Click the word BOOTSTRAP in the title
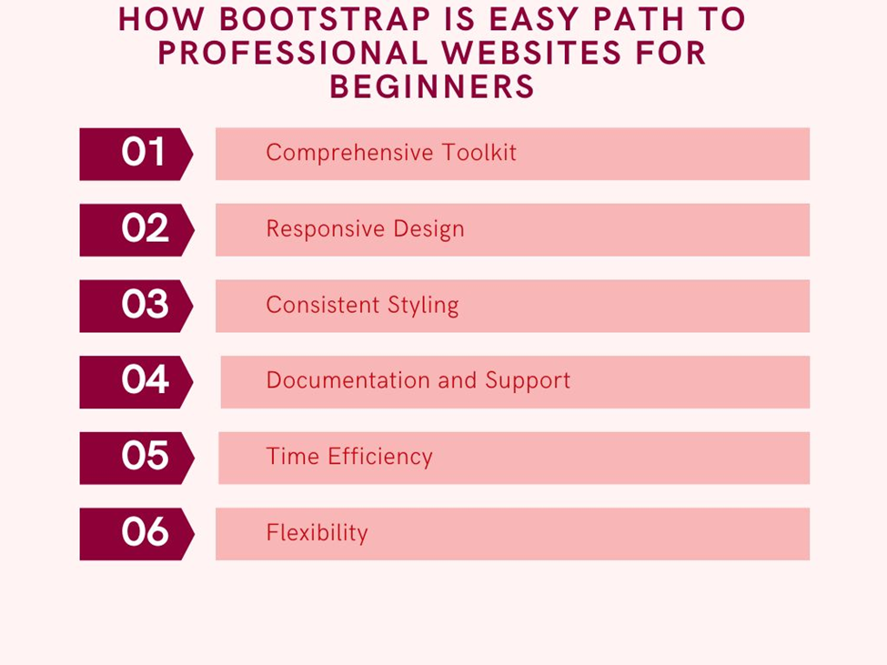pyautogui.click(x=325, y=19)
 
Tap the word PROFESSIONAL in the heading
pyautogui.click(x=293, y=53)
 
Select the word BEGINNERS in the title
pyautogui.click(x=432, y=87)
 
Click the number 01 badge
pyautogui.click(x=136, y=154)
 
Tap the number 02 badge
pyautogui.click(x=136, y=229)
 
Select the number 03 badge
pyautogui.click(x=136, y=306)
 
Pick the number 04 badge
pyautogui.click(x=136, y=382)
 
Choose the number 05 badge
pyautogui.click(x=136, y=458)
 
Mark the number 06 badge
pyautogui.click(x=136, y=534)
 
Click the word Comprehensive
pyautogui.click(x=349, y=153)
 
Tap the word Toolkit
pyautogui.click(x=479, y=152)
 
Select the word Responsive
pyautogui.click(x=326, y=229)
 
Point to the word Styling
pyautogui.click(x=423, y=306)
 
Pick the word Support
pyautogui.click(x=528, y=381)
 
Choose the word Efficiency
pyautogui.click(x=380, y=457)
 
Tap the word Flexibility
pyautogui.click(x=317, y=533)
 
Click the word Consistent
pyautogui.click(x=322, y=305)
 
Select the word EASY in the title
pyautogui.click(x=533, y=19)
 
